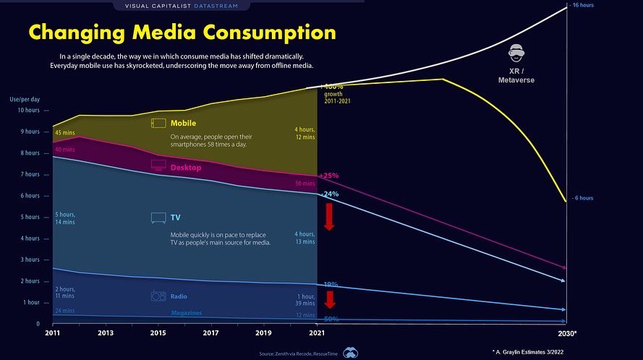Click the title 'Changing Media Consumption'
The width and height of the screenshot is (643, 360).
click(182, 33)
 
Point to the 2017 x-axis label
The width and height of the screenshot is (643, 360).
click(210, 333)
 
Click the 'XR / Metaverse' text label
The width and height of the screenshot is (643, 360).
click(516, 76)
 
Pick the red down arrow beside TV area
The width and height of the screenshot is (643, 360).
click(328, 216)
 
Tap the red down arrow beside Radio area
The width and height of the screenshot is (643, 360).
click(329, 299)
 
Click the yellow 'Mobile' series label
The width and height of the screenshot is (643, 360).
click(183, 124)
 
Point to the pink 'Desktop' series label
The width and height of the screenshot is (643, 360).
click(186, 168)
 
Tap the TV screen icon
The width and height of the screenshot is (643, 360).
click(158, 218)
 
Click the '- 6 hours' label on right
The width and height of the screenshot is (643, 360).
click(583, 198)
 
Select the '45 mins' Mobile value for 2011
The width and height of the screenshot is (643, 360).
click(64, 133)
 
